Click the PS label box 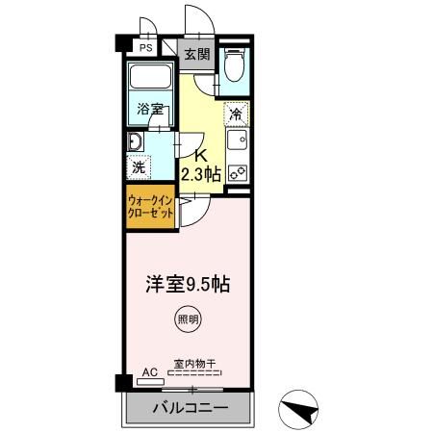point(145,47)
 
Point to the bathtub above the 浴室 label point(149,79)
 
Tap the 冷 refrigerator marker point(236,114)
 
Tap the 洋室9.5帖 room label point(187,285)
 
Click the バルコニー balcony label point(190,407)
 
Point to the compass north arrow point(299,409)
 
